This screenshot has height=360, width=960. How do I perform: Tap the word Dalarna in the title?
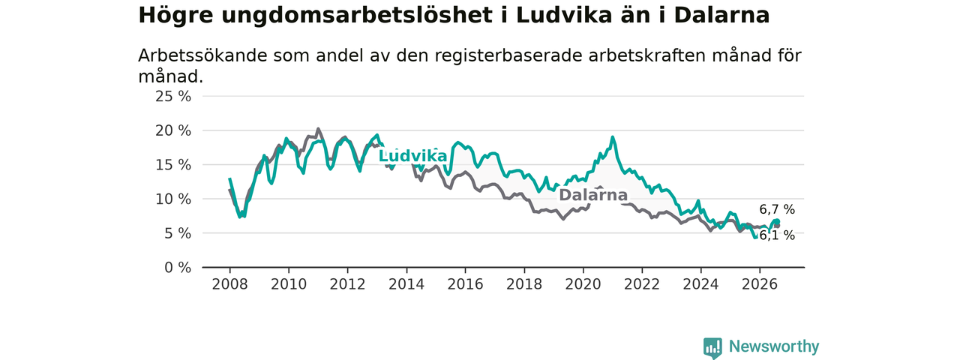point(721,16)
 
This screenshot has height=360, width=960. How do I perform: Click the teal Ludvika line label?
point(412,156)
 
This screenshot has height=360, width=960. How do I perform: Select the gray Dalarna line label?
point(593,195)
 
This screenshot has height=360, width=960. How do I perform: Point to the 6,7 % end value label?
point(777,209)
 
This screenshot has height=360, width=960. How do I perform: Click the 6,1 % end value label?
point(777,235)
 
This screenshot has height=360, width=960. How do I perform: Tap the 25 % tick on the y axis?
point(173,97)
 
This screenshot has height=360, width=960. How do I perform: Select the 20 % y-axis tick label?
point(173,130)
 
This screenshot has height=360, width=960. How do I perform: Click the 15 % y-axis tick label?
point(173,165)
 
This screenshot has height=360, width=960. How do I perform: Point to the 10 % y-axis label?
point(173,199)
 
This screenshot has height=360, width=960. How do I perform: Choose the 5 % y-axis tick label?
point(178,233)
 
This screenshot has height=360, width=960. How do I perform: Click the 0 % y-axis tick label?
point(178,268)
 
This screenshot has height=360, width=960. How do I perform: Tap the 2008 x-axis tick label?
point(229,284)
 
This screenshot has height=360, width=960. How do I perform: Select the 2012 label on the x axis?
point(347,284)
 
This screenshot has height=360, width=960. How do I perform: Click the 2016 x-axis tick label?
point(466,284)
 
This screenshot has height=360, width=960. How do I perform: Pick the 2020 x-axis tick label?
point(583,284)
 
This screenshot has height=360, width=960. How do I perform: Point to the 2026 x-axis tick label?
point(760,284)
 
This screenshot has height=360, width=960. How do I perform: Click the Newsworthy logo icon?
point(712,348)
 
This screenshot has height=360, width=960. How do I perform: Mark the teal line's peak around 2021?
point(613,137)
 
